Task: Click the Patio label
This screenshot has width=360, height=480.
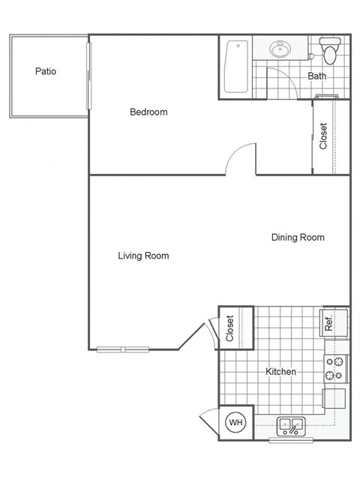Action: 46,72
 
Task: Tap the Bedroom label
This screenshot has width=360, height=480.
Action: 148,112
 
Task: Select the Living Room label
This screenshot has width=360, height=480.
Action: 143,256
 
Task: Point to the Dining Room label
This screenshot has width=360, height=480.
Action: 298,238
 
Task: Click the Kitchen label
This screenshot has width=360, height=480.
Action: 280,371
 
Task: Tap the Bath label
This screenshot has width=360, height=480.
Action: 316,76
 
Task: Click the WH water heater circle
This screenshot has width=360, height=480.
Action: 236,423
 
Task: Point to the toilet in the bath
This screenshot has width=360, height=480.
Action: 328,50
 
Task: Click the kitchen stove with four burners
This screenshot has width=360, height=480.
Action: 334,367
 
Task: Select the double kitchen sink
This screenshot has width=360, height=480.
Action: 291,426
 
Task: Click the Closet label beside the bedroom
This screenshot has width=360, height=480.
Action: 324,136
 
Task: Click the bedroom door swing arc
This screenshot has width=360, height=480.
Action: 240,157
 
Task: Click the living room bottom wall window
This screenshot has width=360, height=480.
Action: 124,349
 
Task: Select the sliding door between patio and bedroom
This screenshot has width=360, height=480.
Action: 88,75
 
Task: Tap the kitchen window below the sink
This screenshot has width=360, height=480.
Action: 291,440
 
